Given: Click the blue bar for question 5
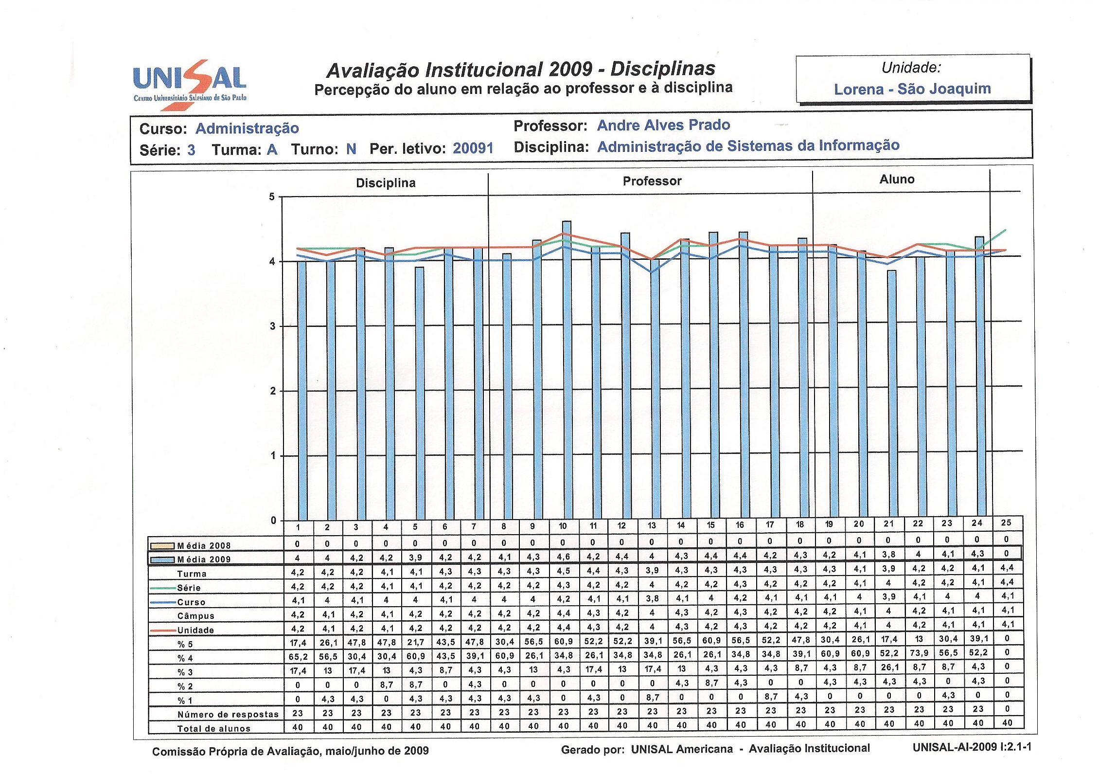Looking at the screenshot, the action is coord(420,394).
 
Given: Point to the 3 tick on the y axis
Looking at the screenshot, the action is coord(273,326).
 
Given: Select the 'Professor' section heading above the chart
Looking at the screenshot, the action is coord(652,181).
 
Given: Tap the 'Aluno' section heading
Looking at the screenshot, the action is coord(897,180).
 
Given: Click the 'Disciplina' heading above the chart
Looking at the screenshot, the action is coord(386,183).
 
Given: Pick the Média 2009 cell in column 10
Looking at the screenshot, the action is coord(563,557).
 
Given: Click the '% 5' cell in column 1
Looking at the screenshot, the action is coord(298,643).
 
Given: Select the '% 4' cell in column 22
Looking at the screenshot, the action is coord(919,652).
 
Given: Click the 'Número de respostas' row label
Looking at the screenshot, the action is coord(228,714).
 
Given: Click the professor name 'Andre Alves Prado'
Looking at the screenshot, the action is coord(663,125).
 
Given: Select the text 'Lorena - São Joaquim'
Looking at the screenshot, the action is coord(912,89).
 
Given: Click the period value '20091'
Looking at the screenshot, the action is coord(473,148).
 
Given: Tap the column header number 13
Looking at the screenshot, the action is coord(652,526).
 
